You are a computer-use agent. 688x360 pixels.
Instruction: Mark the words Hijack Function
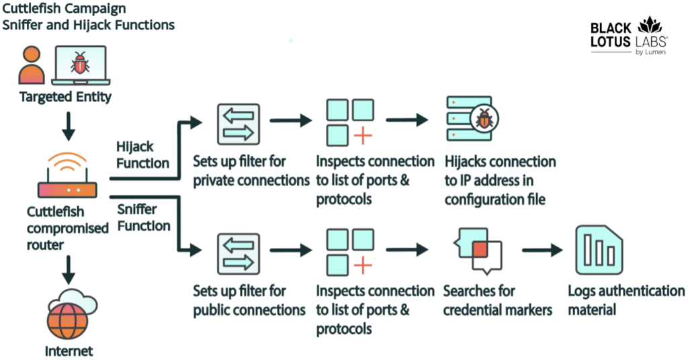[142, 154]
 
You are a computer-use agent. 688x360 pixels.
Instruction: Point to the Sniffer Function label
[143, 216]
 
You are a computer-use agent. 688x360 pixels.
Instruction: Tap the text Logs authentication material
[626, 300]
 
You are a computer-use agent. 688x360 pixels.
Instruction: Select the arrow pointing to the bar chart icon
[542, 251]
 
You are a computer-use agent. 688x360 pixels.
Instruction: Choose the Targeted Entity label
[65, 97]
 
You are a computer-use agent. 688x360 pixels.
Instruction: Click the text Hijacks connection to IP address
[500, 171]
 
